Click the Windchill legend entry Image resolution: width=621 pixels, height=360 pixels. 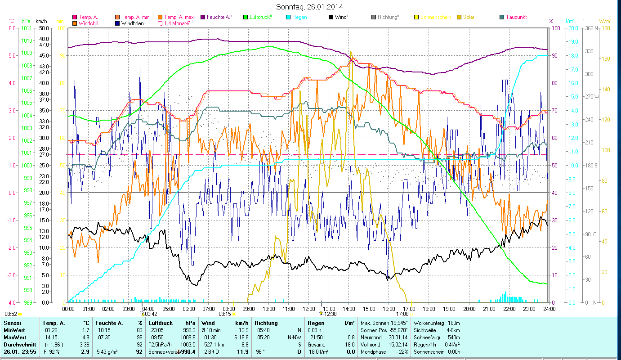89,23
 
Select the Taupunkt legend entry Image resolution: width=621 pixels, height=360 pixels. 516,17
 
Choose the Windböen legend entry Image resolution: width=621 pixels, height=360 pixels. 132,23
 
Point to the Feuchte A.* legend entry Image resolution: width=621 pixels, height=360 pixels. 219,17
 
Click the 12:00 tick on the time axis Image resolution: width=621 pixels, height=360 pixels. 308,309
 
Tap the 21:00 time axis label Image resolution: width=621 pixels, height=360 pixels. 489,309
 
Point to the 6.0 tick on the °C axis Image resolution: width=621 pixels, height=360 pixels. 11,28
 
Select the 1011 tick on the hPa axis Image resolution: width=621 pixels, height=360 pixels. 27,28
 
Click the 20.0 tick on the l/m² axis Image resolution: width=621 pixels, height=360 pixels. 573,28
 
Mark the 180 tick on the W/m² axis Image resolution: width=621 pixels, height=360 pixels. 605,28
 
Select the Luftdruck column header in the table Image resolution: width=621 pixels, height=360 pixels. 161,323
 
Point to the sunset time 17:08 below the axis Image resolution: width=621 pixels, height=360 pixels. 402,314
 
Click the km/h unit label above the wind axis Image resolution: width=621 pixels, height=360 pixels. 41,21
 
